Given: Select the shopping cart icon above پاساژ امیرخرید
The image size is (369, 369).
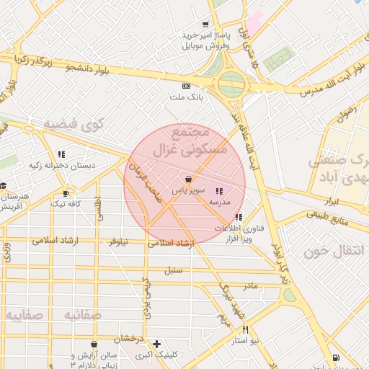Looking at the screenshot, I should (x=205, y=23).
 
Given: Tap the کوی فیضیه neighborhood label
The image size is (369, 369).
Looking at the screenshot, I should (x=74, y=124).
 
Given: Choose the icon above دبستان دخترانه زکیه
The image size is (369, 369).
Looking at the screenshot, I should (x=61, y=154).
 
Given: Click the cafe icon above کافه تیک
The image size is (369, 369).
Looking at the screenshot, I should (x=66, y=193).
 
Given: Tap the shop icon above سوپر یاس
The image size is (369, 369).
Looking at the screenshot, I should (x=188, y=179).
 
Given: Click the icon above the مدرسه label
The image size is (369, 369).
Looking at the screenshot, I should (x=219, y=191).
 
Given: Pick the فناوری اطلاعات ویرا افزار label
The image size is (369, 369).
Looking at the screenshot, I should (x=232, y=233).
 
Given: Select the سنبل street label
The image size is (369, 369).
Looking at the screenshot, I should (x=173, y=270).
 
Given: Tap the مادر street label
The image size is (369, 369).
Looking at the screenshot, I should (x=249, y=286).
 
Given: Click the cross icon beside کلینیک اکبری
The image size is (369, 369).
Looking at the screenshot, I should (x=156, y=344).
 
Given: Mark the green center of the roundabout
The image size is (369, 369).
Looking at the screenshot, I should (x=231, y=84).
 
